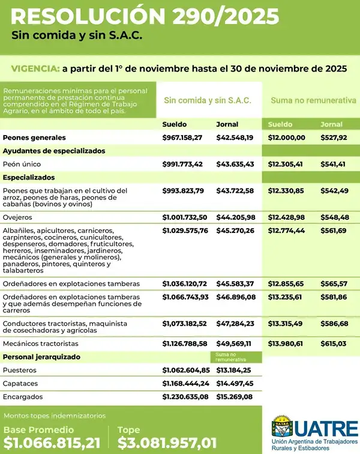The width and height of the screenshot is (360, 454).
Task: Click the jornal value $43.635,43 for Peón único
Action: (235, 164)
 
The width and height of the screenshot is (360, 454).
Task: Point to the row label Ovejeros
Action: (17, 217)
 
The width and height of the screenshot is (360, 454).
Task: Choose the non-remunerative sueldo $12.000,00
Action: (286, 138)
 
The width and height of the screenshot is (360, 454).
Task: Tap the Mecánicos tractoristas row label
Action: (40, 344)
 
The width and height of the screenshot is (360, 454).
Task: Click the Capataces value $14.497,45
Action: (235, 383)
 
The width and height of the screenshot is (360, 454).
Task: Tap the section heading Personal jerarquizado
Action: (41, 357)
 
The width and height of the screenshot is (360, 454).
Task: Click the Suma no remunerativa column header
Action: (313, 100)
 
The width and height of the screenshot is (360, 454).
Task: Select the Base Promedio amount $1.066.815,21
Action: (51, 443)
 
